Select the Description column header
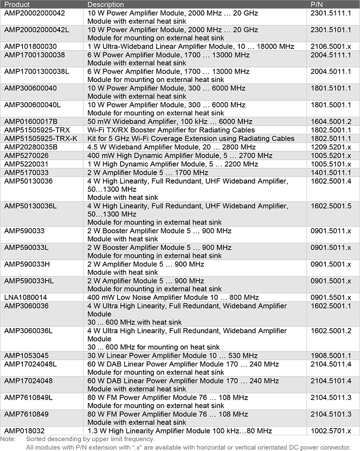106,4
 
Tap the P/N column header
317,4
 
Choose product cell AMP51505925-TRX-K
40,138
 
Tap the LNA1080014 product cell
26,297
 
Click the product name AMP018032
24,431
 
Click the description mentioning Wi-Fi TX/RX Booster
171,130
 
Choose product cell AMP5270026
27,155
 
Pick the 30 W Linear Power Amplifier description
172,356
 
